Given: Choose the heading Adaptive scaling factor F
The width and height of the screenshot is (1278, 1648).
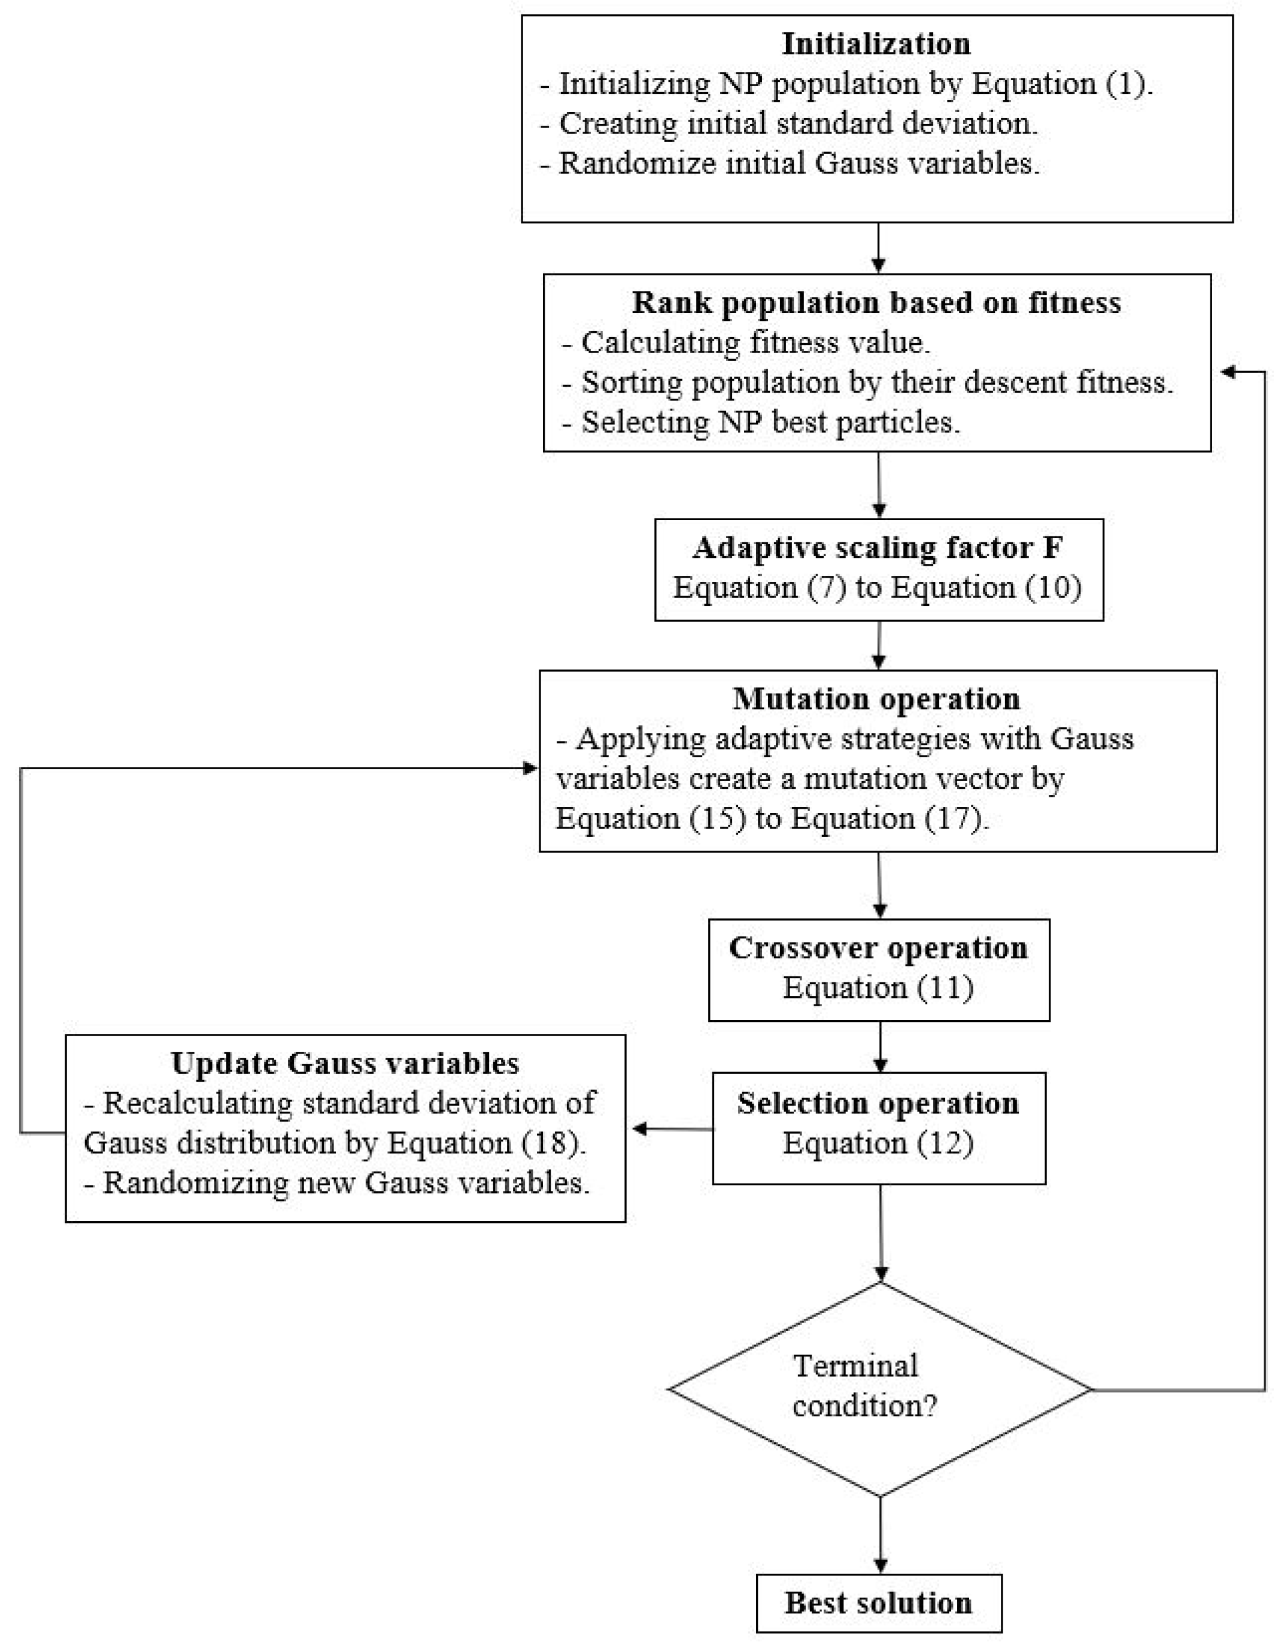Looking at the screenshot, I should pos(878,547).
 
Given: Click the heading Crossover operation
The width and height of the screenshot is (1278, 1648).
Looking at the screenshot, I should pos(878,947).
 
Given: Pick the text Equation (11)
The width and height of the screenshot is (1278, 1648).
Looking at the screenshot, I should pos(878,987).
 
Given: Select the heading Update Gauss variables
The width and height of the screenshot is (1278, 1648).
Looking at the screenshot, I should pos(345,1063).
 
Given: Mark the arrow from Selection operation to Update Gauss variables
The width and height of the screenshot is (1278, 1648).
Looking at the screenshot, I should pos(672,1129).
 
